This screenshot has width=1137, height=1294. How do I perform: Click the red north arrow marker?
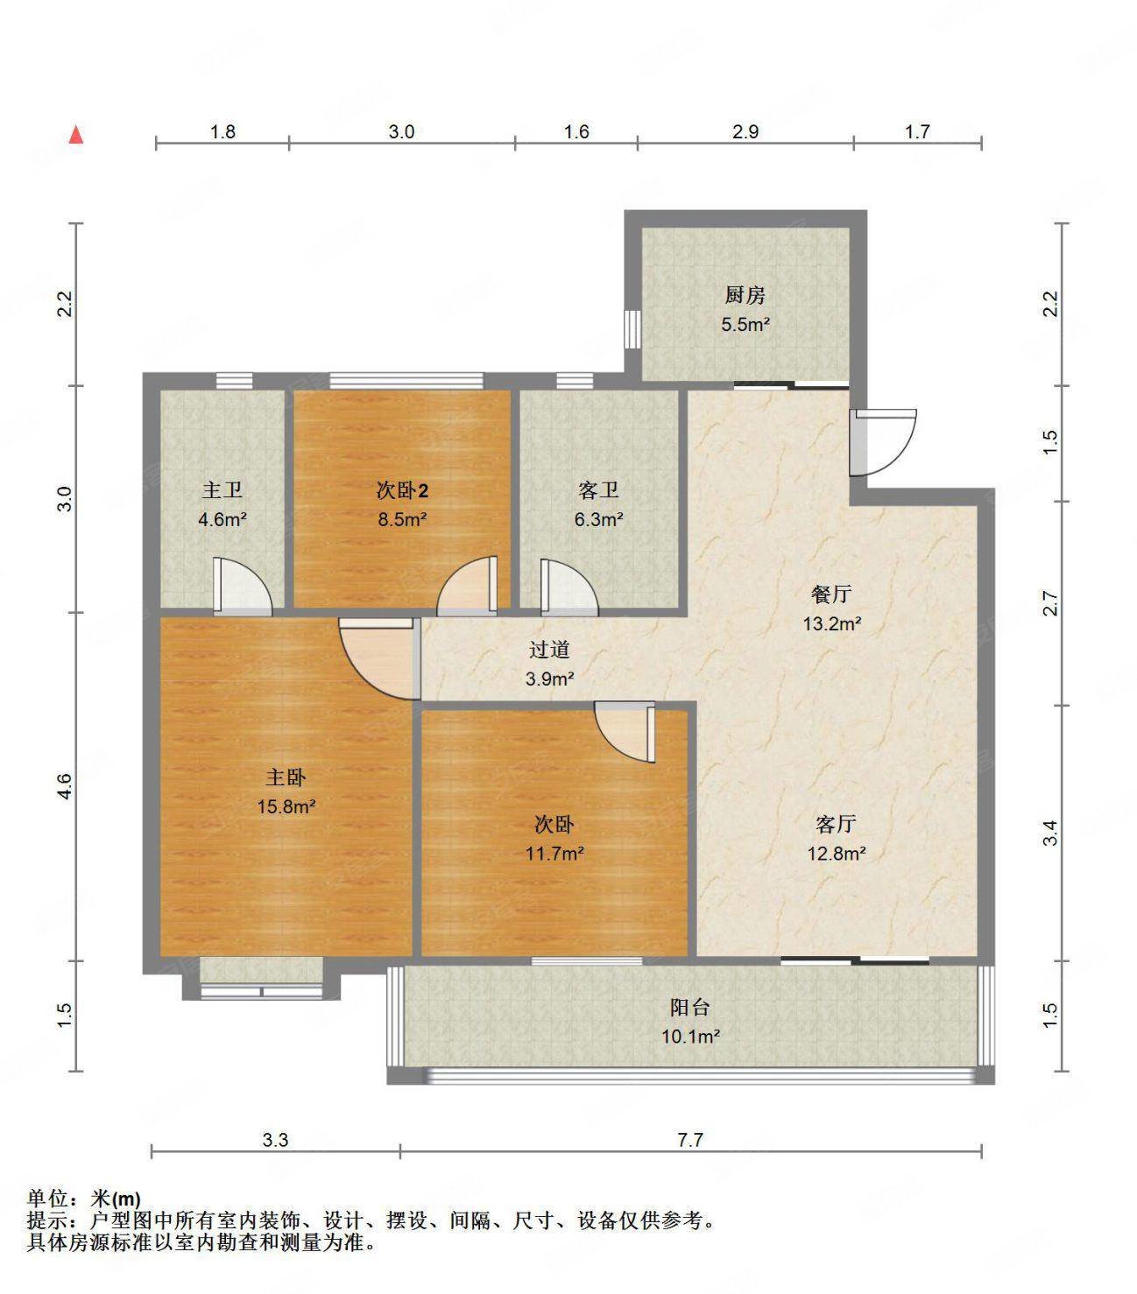point(77,135)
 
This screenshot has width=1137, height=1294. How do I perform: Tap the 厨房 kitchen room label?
point(745,295)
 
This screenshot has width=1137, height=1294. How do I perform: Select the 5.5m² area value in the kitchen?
point(745,325)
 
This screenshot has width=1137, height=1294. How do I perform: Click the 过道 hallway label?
point(550,650)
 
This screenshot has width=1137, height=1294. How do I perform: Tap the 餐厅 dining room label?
point(831,594)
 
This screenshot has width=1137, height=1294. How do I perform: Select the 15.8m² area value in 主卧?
point(286,806)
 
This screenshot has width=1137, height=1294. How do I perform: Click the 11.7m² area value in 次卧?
point(554,853)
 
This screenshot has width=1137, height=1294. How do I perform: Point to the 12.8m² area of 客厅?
point(836,853)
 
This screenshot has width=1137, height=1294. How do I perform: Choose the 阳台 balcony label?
point(690,1007)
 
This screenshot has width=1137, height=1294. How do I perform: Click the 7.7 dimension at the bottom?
point(690,1140)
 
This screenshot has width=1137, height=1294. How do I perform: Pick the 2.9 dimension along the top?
point(745,132)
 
